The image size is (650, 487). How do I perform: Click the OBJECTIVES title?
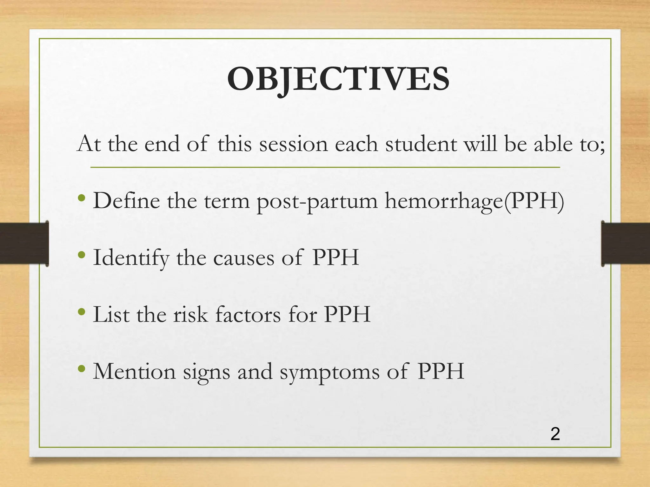coord(338,79)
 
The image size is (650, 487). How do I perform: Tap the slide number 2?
coord(555,434)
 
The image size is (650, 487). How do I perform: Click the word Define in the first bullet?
coord(126,201)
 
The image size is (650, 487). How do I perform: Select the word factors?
coord(248,315)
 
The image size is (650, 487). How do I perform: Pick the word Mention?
coord(134,371)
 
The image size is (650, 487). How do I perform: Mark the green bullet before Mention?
coord(82,369)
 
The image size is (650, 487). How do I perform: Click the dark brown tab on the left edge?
coord(24,243)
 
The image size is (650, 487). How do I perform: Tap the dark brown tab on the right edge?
coord(626,243)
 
